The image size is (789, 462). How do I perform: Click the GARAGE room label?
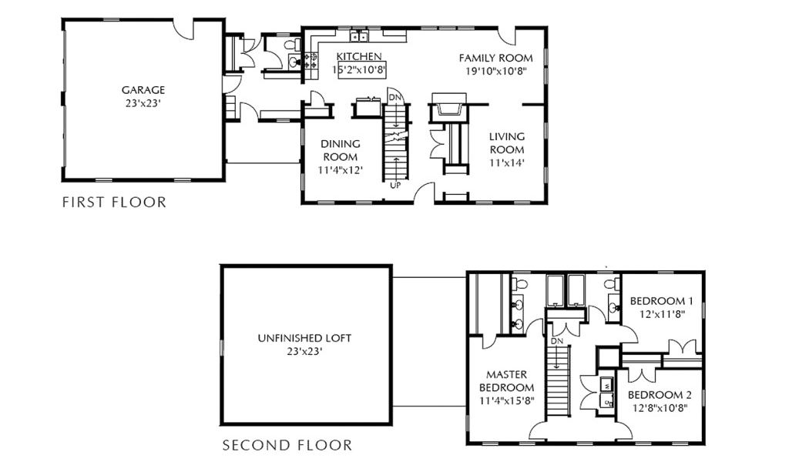143,90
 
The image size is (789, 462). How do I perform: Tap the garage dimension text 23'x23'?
143,103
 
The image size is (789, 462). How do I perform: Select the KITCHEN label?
359,56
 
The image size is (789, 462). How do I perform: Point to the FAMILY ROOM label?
495,58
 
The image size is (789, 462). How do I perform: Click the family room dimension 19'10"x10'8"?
495,71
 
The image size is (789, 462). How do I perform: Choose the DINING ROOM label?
341,150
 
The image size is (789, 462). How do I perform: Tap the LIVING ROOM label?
507,142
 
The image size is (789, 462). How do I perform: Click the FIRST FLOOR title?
114,202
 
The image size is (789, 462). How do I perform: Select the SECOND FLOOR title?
287,445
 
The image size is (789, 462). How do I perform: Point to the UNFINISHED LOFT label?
304,338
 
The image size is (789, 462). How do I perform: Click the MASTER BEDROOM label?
507,381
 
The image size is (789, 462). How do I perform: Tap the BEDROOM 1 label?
661,301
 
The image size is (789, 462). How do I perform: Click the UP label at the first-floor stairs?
395,186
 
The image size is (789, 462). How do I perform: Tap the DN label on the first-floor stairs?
395,96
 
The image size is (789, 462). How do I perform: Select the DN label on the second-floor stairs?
556,341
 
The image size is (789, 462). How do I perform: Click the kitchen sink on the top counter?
358,36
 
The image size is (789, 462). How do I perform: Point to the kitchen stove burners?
310,61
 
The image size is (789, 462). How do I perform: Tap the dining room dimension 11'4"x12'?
341,170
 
